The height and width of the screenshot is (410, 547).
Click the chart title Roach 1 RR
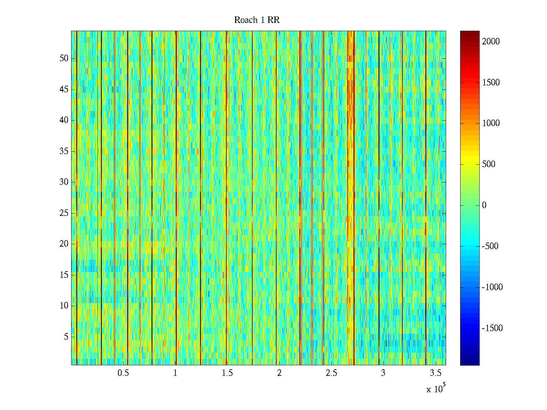pyautogui.click(x=257, y=20)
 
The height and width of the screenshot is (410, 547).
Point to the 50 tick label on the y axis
pyautogui.click(x=64, y=58)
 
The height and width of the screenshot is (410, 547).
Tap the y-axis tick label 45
pyautogui.click(x=64, y=90)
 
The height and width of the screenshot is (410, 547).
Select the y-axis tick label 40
pyautogui.click(x=64, y=120)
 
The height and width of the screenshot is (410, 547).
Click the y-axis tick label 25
pyautogui.click(x=64, y=213)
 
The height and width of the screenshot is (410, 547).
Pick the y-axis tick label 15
pyautogui.click(x=64, y=275)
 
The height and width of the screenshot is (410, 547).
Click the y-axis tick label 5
pyautogui.click(x=66, y=337)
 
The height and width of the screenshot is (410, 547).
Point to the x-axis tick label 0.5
pyautogui.click(x=123, y=373)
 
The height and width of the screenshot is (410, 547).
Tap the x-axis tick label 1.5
pyautogui.click(x=227, y=373)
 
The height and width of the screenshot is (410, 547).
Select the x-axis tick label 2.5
pyautogui.click(x=331, y=373)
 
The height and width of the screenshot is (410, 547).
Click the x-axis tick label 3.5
pyautogui.click(x=435, y=373)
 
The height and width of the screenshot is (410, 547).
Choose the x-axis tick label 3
pyautogui.click(x=383, y=373)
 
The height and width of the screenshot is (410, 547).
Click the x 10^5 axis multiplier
pyautogui.click(x=436, y=389)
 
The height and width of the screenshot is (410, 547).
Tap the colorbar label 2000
pyautogui.click(x=491, y=42)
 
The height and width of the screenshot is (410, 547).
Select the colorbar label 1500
pyautogui.click(x=491, y=83)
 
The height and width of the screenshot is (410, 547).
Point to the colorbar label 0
pyautogui.click(x=484, y=205)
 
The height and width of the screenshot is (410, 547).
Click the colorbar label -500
pyautogui.click(x=490, y=246)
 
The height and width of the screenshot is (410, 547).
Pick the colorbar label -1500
pyautogui.click(x=492, y=328)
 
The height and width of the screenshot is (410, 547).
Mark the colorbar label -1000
pyautogui.click(x=492, y=287)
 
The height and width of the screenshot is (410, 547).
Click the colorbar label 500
pyautogui.click(x=489, y=164)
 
